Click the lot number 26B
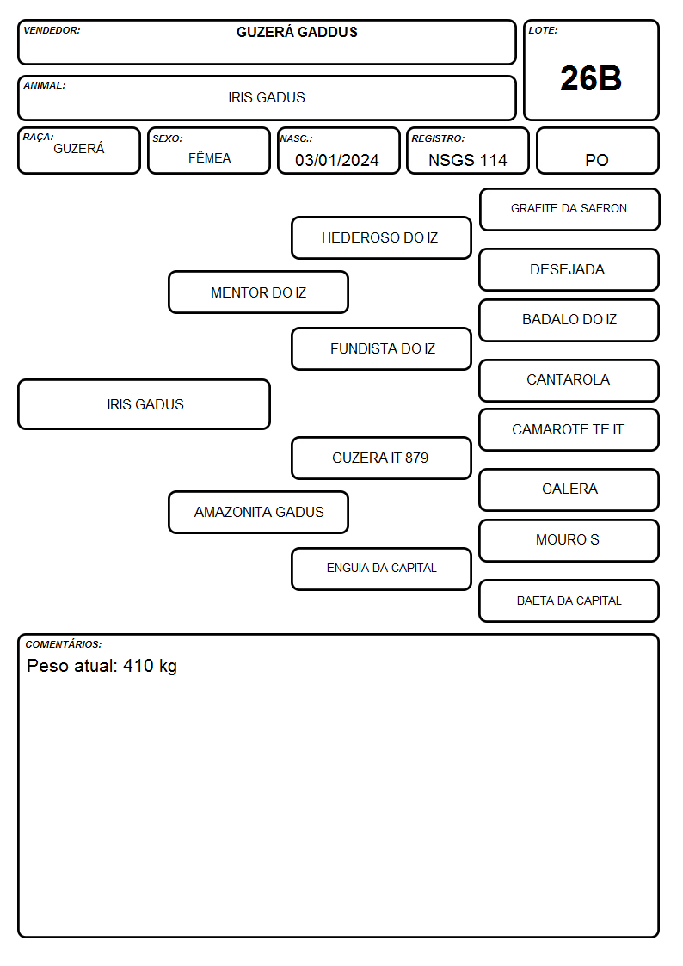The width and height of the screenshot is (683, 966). coord(591,78)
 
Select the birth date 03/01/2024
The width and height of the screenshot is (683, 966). coord(337,160)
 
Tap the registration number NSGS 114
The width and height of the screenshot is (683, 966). coord(467,160)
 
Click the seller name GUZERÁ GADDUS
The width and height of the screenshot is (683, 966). coord(297,32)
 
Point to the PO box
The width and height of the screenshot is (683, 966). coord(597,151)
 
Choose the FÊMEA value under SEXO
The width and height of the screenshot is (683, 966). coord(209,157)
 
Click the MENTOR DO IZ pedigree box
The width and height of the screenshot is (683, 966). coord(259,292)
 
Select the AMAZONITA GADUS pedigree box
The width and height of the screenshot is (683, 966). coord(259,512)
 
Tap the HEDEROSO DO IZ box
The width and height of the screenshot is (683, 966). coord(381,237)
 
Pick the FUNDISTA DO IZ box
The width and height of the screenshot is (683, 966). coord(381,348)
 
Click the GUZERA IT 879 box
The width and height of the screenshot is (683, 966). coord(381,458)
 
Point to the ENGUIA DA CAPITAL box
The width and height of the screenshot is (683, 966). coord(381,569)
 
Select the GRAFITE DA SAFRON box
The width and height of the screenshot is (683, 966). coord(569,210)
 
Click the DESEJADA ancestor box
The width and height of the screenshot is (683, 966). coord(569,269)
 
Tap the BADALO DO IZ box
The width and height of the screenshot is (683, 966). coord(569,320)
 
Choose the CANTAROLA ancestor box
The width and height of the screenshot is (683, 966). coord(569,380)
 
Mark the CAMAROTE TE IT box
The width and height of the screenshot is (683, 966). coord(569,429)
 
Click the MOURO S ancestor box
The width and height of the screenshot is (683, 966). coord(569,540)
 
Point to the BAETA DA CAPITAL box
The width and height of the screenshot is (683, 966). coord(569,600)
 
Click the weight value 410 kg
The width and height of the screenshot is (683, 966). coord(150,667)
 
